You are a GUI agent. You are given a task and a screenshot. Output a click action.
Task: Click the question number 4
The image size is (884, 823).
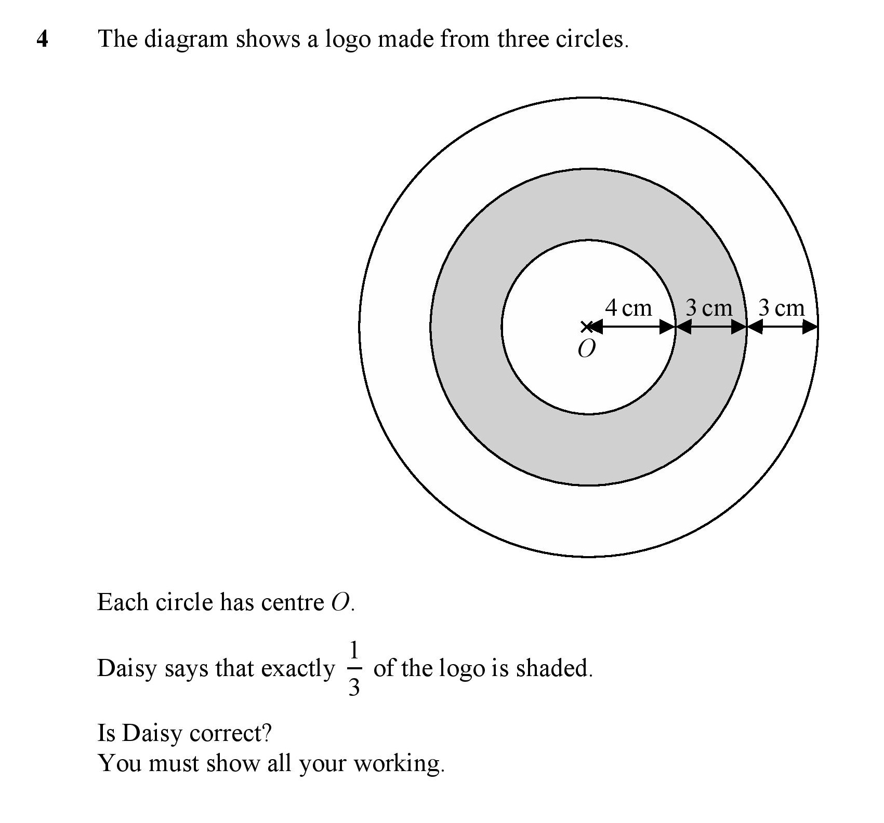coord(43,39)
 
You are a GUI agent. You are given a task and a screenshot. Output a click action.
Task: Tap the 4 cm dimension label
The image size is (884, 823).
coord(628,308)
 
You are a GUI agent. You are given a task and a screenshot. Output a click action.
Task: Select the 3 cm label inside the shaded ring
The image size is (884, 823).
coord(709,308)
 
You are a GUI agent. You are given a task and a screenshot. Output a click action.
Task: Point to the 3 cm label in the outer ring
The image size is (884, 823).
coord(781,308)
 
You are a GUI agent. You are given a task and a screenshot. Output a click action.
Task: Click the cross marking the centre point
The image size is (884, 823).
coord(587,327)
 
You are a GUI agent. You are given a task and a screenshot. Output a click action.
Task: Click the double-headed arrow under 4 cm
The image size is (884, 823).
coord(632,327)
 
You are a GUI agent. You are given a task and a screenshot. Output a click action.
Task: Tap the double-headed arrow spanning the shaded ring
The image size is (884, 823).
coord(711,327)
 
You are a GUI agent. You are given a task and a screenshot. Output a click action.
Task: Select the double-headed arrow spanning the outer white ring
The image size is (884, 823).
coord(783,327)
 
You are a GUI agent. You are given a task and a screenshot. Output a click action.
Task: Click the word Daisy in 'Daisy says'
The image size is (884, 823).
coord(127,669)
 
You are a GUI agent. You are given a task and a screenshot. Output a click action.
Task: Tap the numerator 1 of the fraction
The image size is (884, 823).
coord(354,650)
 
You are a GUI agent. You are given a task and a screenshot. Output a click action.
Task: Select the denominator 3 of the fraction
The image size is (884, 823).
coord(354,687)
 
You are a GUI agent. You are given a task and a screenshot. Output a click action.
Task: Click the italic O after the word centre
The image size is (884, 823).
coord(340,603)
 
